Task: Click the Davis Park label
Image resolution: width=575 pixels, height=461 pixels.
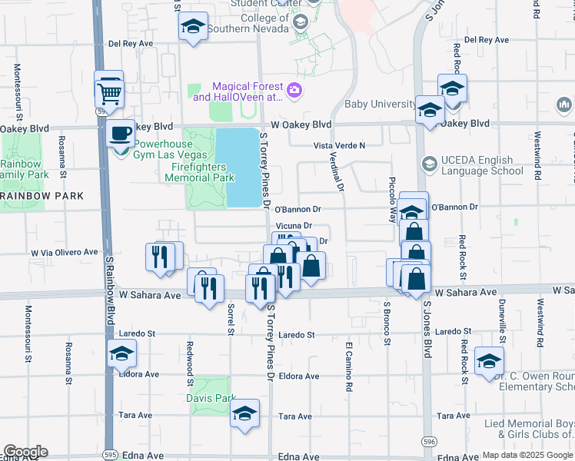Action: pos(210,398)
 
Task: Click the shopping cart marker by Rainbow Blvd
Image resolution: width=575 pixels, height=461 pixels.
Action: pos(110,94)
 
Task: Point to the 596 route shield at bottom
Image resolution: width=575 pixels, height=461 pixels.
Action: pos(428,440)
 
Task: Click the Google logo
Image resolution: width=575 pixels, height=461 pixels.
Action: pos(25,452)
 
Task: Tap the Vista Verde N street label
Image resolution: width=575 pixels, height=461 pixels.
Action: pos(338,145)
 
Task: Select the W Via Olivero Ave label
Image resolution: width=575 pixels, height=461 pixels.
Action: pos(65,252)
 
